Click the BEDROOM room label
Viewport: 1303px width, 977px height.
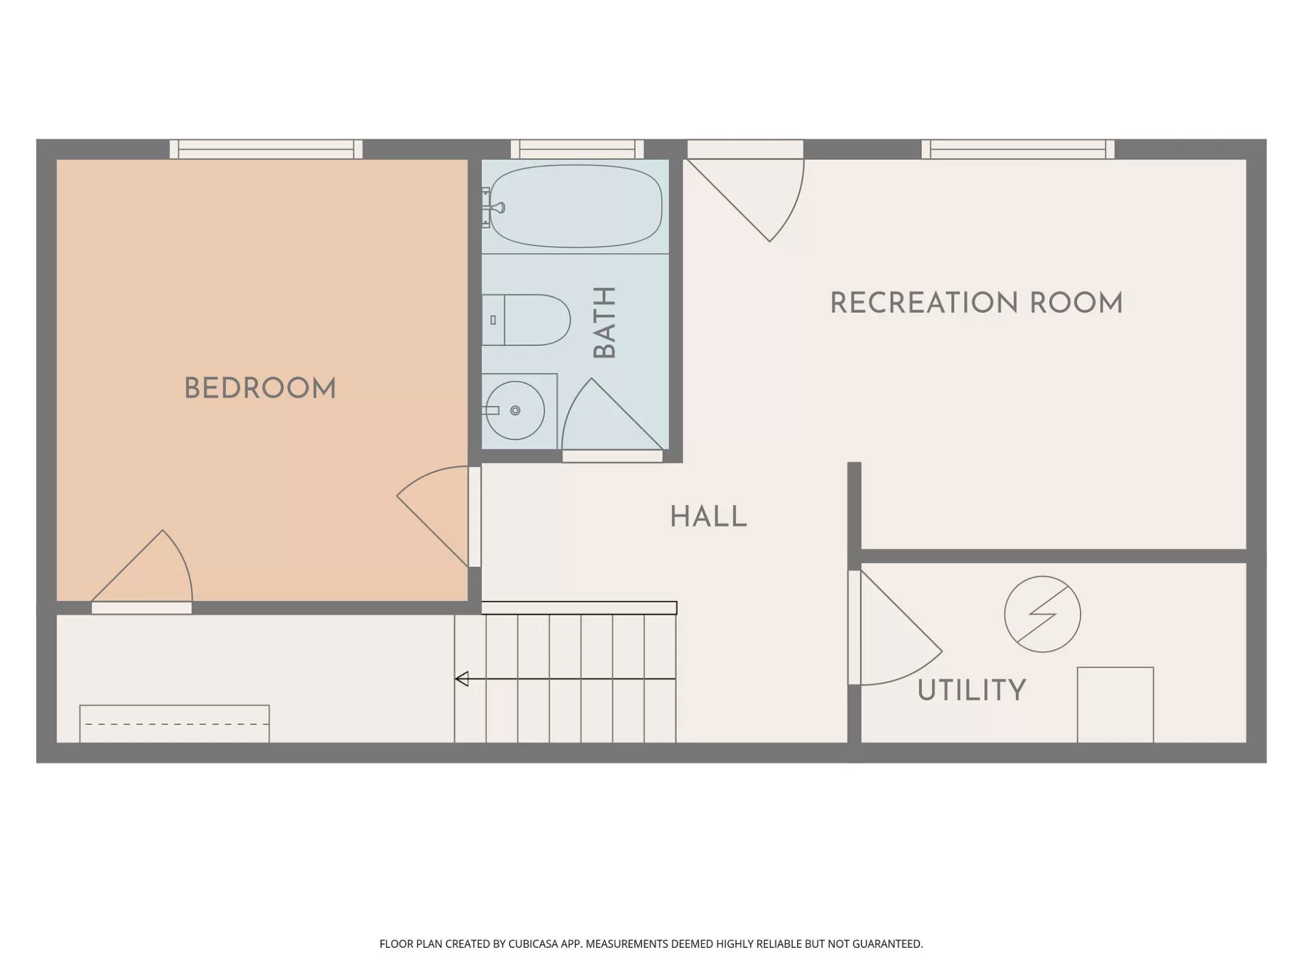260,388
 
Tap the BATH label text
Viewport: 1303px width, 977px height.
604,323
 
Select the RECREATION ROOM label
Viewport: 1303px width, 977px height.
976,303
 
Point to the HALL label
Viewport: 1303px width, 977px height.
708,517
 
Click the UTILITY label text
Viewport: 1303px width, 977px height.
972,690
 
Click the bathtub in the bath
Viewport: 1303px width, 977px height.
576,206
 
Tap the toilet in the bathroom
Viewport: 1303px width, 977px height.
526,320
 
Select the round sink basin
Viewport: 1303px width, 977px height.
515,410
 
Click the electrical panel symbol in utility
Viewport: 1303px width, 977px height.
1042,614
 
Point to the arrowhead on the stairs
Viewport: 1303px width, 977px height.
462,679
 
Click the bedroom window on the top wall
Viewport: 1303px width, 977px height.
266,149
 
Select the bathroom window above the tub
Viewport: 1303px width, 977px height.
577,149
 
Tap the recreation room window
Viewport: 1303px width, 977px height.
1018,149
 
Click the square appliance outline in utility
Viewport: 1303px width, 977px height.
1115,705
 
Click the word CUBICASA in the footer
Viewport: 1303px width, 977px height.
534,944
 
